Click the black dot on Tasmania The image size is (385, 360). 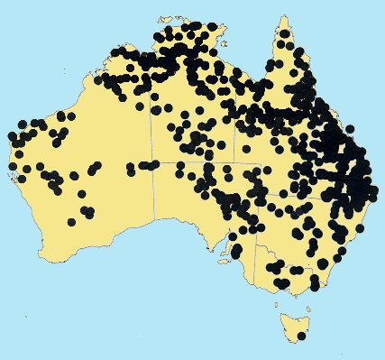[x=301, y=336]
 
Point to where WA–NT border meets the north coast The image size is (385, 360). [x=151, y=56]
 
